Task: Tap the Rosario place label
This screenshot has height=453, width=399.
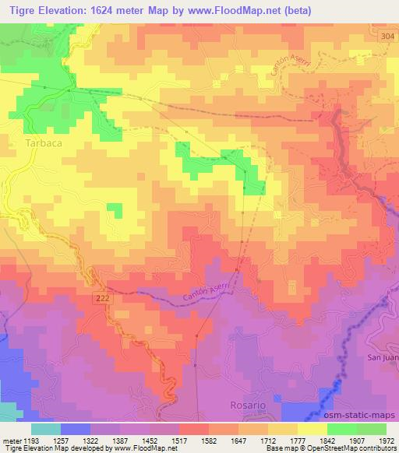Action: pos(248,406)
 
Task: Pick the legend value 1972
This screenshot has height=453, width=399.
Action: pos(385,440)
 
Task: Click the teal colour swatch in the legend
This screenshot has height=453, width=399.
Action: pos(46,429)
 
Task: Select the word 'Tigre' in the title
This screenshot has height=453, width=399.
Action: pos(17,9)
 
